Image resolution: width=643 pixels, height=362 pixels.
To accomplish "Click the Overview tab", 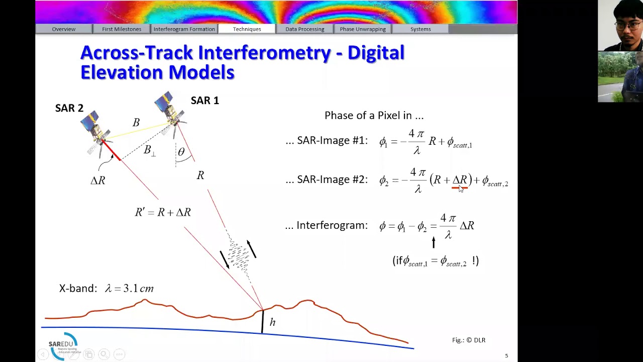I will tap(64, 29).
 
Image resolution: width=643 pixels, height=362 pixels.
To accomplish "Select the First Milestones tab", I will tap(122, 29).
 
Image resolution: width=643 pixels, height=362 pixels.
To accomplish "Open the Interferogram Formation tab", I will tap(184, 29).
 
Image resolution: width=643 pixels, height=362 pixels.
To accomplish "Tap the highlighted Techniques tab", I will tap(247, 29).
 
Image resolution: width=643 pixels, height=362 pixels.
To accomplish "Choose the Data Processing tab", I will tap(304, 29).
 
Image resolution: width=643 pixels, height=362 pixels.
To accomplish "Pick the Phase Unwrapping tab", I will tap(363, 29).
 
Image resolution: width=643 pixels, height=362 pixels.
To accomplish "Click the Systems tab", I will tap(420, 29).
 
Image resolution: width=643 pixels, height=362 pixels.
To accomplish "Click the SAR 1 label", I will tap(204, 101).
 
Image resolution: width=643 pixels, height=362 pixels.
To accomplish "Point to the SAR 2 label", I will tap(69, 108).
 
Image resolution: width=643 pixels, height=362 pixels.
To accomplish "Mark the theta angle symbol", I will tap(181, 152).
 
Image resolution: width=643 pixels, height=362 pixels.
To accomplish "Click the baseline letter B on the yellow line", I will tap(136, 123).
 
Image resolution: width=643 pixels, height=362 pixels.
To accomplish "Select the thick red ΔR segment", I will tap(112, 151).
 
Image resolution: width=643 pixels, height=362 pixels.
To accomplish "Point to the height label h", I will tap(272, 322).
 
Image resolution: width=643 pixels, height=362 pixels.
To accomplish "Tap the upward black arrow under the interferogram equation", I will tap(434, 242).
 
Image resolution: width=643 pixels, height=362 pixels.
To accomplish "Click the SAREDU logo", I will tap(63, 345).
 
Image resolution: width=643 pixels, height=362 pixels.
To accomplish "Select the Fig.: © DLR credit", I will tap(468, 340).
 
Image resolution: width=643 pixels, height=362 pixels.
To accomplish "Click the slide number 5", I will tap(506, 356).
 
